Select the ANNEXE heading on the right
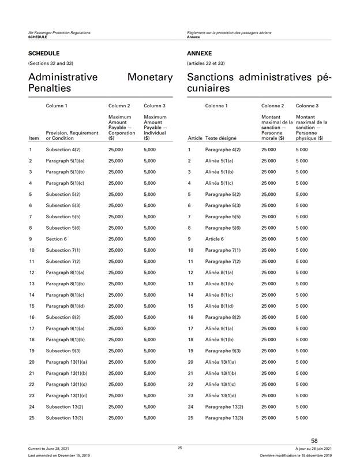(x=199, y=53)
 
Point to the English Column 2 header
(x=119, y=106)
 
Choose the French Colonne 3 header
(x=307, y=106)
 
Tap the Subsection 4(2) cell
(x=63, y=149)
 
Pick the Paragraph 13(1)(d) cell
(x=66, y=396)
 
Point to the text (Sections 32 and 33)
(x=51, y=63)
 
